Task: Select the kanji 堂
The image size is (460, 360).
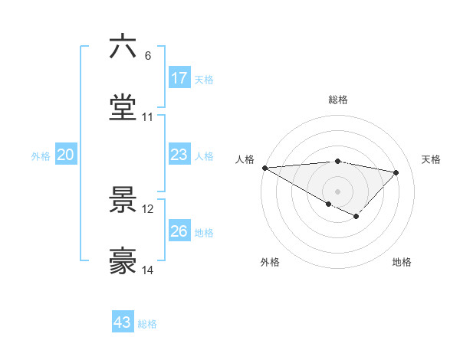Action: pyautogui.click(x=123, y=108)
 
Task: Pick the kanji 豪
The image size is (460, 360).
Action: pyautogui.click(x=123, y=261)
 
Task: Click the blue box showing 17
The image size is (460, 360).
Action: pyautogui.click(x=179, y=78)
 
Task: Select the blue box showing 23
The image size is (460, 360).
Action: pyautogui.click(x=179, y=155)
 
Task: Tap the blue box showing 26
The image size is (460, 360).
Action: pyautogui.click(x=179, y=231)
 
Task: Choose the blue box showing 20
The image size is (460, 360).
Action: pyautogui.click(x=66, y=155)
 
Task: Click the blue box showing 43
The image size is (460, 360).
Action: pyautogui.click(x=123, y=322)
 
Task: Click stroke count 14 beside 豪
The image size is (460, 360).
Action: pyautogui.click(x=148, y=270)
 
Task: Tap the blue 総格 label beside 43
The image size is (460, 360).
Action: pyautogui.click(x=147, y=324)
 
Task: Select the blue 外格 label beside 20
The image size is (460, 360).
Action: pyautogui.click(x=41, y=156)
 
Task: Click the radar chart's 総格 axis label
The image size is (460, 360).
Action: pyautogui.click(x=338, y=100)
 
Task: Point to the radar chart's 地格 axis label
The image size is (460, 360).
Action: pyautogui.click(x=402, y=262)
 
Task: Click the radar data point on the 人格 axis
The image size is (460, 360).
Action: pyautogui.click(x=264, y=168)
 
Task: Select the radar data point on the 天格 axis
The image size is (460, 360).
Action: pyautogui.click(x=396, y=172)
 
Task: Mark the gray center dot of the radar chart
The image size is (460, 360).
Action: pyautogui.click(x=337, y=191)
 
